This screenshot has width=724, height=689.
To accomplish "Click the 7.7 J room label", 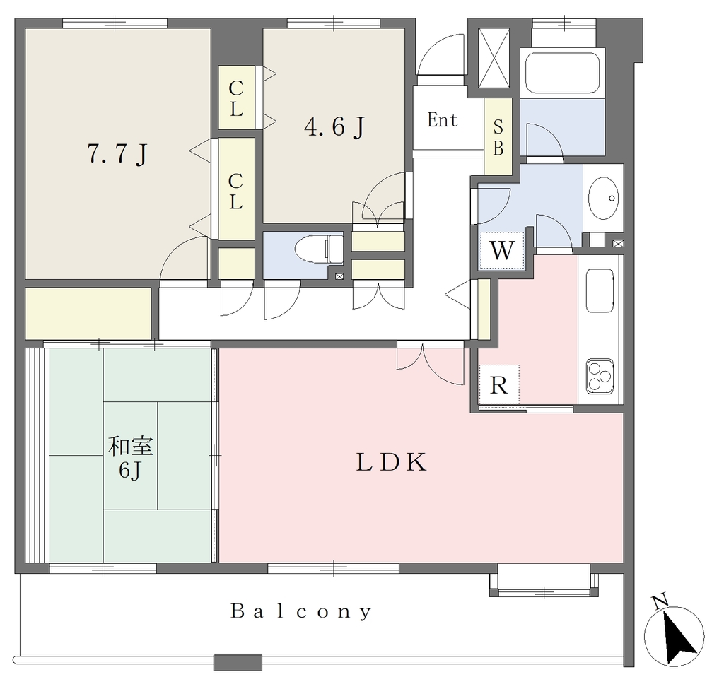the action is tap(118, 153).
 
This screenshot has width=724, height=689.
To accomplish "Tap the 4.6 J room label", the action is tap(334, 126).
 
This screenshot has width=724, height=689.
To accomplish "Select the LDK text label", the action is tap(391, 462).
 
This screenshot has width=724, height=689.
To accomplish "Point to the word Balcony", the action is tap(301, 612).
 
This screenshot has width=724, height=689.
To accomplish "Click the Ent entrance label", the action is tap(443, 120).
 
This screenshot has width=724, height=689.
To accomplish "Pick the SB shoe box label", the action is tap(498, 137).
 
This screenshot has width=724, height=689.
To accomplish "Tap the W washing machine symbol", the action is tap(502, 250).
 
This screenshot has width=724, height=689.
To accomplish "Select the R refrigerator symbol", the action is tap(498, 384).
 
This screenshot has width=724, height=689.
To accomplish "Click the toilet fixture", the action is tap(319, 249).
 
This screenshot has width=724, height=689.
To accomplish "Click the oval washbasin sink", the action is tap(603, 199).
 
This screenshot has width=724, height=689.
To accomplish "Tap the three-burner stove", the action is tap(600, 377).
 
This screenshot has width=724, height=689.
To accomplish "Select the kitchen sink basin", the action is tap(600, 291).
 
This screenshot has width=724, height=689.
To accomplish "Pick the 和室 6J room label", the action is tap(130, 458).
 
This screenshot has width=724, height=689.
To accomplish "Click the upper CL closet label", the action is tap(236, 98).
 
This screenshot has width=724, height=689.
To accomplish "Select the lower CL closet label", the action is tap(235, 191).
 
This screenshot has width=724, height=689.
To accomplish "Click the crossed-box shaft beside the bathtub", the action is tap(494, 58).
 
